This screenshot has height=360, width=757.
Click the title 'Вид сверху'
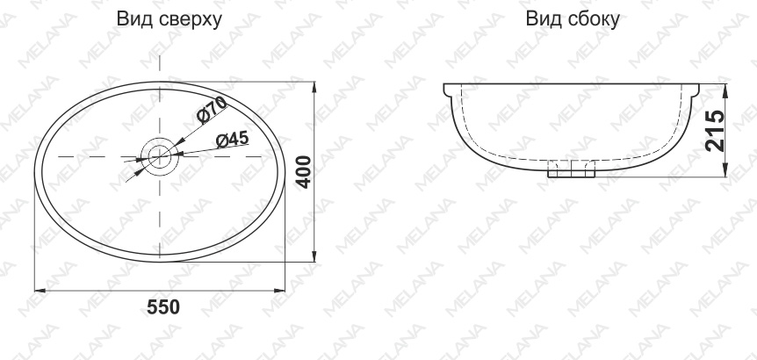click(169, 20)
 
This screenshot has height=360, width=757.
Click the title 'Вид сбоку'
click(573, 19)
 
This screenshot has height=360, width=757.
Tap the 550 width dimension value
click(163, 307)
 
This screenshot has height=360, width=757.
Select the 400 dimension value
click(303, 172)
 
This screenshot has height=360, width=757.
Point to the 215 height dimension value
click(715, 131)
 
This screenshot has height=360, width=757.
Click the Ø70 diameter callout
click(212, 109)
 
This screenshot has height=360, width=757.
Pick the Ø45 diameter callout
click(232, 140)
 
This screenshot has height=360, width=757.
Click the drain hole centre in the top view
click(159, 156)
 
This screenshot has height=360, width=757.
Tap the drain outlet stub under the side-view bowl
click(571, 169)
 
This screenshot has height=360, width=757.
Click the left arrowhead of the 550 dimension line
click(40, 291)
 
